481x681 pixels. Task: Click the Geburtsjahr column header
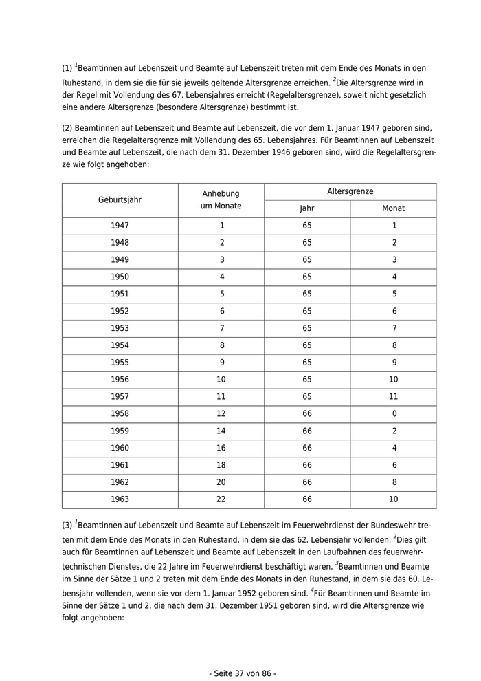click(x=120, y=200)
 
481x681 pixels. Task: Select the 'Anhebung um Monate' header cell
click(x=221, y=200)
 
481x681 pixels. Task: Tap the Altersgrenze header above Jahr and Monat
click(x=350, y=192)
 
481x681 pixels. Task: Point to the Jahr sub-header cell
click(x=307, y=208)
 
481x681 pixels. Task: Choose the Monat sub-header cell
click(x=394, y=208)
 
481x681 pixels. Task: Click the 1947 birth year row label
click(x=120, y=226)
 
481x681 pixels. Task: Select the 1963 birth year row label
click(x=120, y=500)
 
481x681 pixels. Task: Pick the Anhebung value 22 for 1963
click(x=221, y=500)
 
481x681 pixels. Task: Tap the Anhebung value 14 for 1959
click(x=221, y=431)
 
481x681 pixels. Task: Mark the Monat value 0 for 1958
click(x=394, y=414)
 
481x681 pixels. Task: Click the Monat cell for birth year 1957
click(x=394, y=397)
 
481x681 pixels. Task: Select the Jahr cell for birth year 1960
click(x=307, y=448)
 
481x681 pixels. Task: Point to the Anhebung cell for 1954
click(x=221, y=345)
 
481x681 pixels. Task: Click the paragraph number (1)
click(x=67, y=69)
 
